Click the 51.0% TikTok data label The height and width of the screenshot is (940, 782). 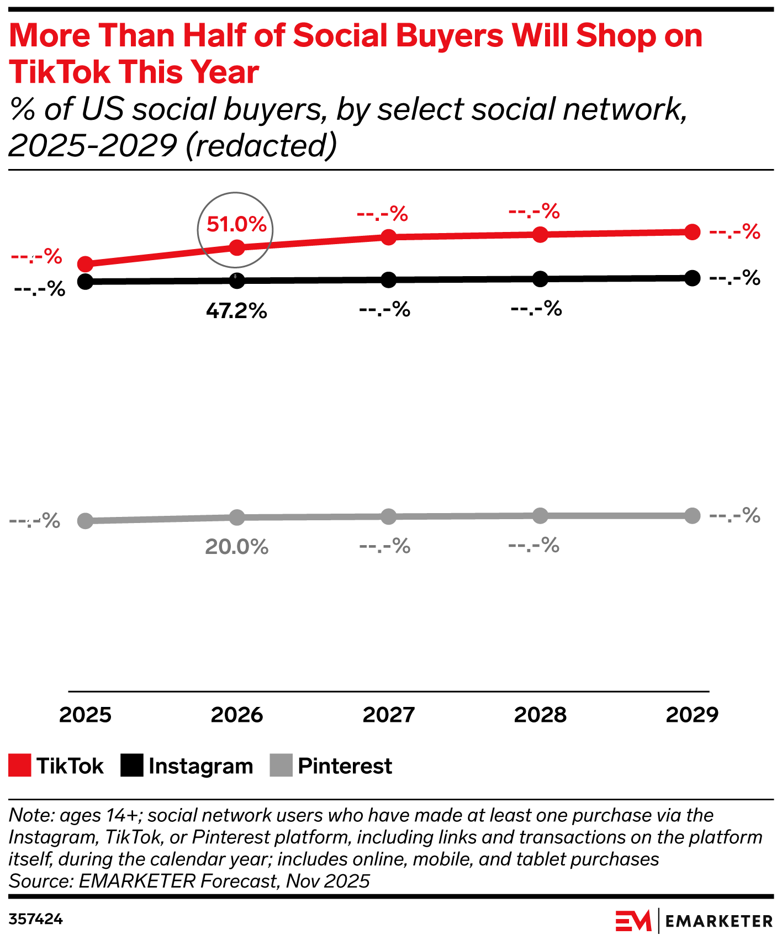pyautogui.click(x=236, y=225)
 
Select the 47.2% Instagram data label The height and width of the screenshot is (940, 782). pyautogui.click(x=236, y=311)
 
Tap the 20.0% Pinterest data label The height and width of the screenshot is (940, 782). pyautogui.click(x=236, y=547)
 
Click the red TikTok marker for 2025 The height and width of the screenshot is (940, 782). pyautogui.click(x=85, y=264)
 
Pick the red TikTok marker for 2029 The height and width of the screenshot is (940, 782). pyautogui.click(x=692, y=232)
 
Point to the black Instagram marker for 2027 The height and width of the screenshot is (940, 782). pyautogui.click(x=389, y=280)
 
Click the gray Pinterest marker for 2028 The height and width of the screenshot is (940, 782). pyautogui.click(x=540, y=516)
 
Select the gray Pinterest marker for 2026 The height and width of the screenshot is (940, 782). pyautogui.click(x=236, y=517)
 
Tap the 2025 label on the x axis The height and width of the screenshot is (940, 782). pyautogui.click(x=85, y=715)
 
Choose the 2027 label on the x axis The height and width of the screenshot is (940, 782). pyautogui.click(x=389, y=715)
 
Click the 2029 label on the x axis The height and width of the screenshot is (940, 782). pyautogui.click(x=692, y=715)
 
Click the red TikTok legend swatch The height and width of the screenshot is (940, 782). pyautogui.click(x=20, y=765)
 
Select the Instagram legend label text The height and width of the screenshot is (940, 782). pyautogui.click(x=200, y=766)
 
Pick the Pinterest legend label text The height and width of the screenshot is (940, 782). pyautogui.click(x=345, y=766)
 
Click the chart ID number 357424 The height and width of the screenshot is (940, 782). pyautogui.click(x=36, y=920)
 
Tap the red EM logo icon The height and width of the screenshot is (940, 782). pyautogui.click(x=633, y=921)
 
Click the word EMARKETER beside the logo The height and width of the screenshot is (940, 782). pyautogui.click(x=718, y=921)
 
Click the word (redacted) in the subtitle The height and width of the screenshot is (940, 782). pyautogui.click(x=261, y=146)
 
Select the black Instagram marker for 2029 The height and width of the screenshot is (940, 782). pyautogui.click(x=692, y=278)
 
